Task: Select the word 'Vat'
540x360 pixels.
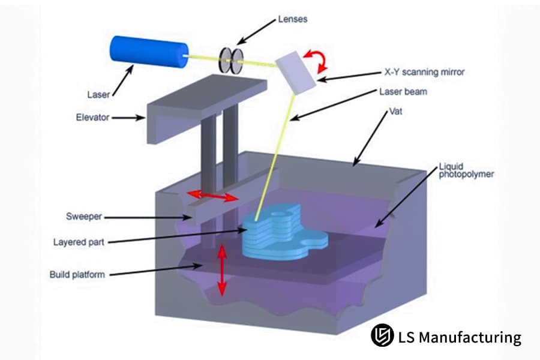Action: [395, 113]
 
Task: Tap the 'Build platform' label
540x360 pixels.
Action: [77, 275]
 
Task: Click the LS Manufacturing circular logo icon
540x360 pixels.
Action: [380, 336]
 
